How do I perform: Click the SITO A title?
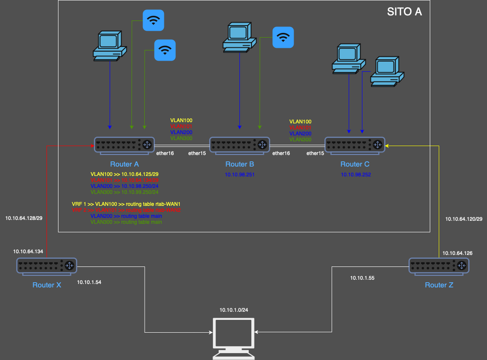(x=404, y=12)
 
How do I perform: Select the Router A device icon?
(x=124, y=146)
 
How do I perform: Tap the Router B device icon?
(x=239, y=146)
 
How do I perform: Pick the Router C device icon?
(x=355, y=146)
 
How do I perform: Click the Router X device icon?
(x=47, y=266)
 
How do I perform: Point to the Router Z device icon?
(x=439, y=266)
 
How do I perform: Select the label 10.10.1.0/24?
(x=233, y=310)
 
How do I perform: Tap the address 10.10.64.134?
(x=28, y=252)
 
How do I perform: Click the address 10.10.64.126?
(x=457, y=253)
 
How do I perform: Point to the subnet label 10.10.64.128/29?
(x=23, y=218)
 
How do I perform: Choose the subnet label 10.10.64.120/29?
(x=464, y=219)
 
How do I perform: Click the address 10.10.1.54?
(x=89, y=282)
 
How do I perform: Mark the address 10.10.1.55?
(x=362, y=278)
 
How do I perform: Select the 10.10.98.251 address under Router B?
(x=239, y=175)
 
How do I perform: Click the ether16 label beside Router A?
(x=165, y=153)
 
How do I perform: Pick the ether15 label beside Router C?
(x=315, y=153)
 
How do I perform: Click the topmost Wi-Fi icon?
(x=153, y=20)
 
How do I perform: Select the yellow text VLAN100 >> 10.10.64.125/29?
(x=125, y=174)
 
